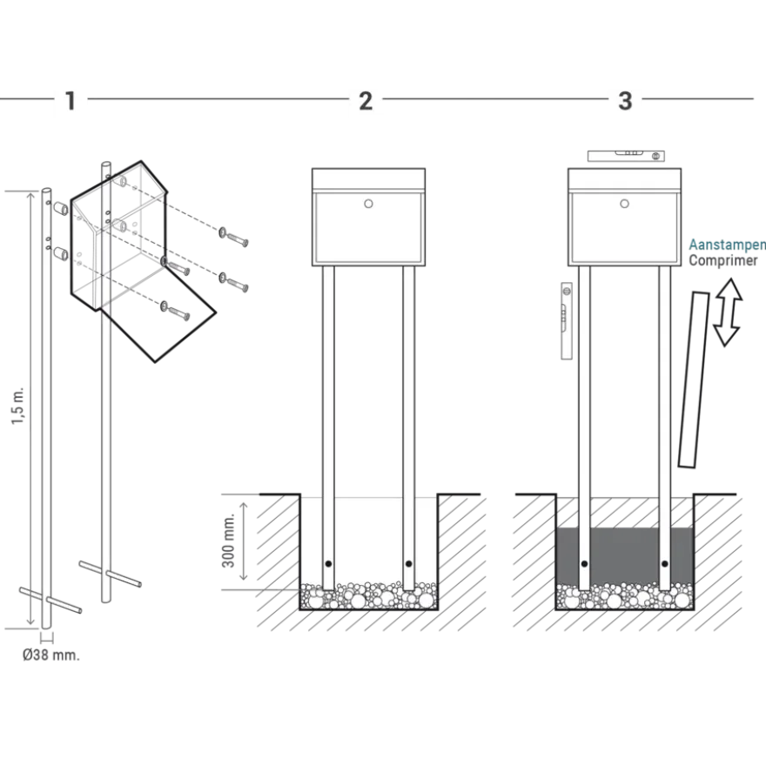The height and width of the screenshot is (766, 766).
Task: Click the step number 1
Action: pyautogui.click(x=71, y=101)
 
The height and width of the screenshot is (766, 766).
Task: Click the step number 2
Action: pyautogui.click(x=366, y=101)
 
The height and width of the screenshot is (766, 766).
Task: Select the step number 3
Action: pyautogui.click(x=625, y=101)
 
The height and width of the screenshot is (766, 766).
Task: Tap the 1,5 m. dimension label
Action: pyautogui.click(x=18, y=407)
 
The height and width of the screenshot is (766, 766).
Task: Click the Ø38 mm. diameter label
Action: pyautogui.click(x=50, y=655)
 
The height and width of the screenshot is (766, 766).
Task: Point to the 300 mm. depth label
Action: pyautogui.click(x=229, y=541)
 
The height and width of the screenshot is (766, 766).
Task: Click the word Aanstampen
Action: pyautogui.click(x=727, y=245)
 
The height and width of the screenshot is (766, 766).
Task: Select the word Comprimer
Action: pyautogui.click(x=723, y=260)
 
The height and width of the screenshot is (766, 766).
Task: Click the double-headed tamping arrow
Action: pyautogui.click(x=728, y=312)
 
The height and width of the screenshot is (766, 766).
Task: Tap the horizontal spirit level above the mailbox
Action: pyautogui.click(x=626, y=156)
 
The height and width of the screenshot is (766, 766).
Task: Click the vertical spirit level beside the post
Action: pyautogui.click(x=567, y=321)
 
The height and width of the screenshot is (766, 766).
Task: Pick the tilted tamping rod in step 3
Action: pyautogui.click(x=694, y=380)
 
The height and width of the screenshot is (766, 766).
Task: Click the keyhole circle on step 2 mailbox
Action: pyautogui.click(x=368, y=204)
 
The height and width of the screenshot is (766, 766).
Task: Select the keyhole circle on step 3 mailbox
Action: pyautogui.click(x=624, y=204)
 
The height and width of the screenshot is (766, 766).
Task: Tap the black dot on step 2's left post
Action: pyautogui.click(x=328, y=564)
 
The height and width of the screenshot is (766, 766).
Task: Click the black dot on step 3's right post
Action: pyautogui.click(x=664, y=564)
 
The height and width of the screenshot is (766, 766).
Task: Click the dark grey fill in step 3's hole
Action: pyautogui.click(x=625, y=555)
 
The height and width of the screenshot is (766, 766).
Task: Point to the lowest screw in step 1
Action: pyautogui.click(x=175, y=312)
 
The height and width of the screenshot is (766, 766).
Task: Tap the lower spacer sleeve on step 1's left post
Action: pyautogui.click(x=61, y=254)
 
